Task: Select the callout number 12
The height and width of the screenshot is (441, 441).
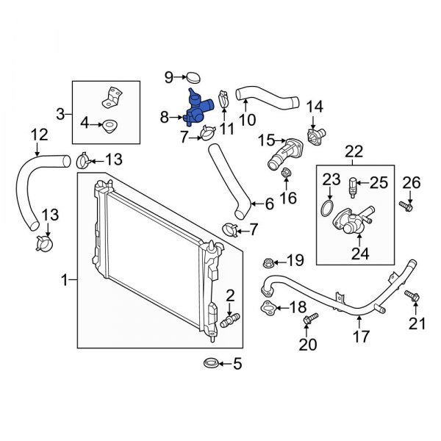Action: pos(39,135)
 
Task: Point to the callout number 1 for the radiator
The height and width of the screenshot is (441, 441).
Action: pos(65,279)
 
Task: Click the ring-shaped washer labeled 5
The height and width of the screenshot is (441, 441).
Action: pos(209,363)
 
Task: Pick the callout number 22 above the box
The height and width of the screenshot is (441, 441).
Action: pos(354,151)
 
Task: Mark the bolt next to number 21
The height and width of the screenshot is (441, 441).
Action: pos(412,297)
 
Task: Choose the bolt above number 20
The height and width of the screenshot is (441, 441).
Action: pos(309,319)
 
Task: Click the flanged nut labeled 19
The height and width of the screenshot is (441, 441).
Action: pos(268,261)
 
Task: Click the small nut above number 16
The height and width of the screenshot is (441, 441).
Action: pos(286,174)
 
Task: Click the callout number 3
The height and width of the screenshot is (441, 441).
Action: pos(61,113)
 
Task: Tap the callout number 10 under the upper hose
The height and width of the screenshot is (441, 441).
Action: pos(248,117)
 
